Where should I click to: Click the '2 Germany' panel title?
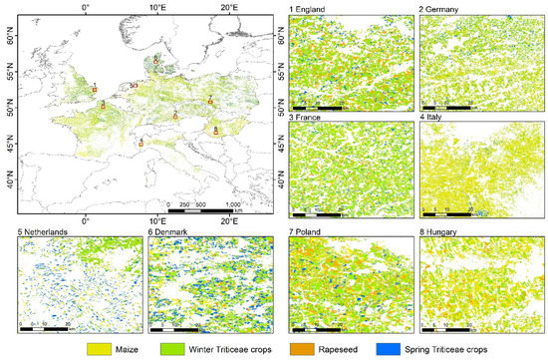click(441, 9)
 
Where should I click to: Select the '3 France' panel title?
click(307, 119)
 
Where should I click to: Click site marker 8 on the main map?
click(216, 132)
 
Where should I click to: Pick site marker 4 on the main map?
click(141, 143)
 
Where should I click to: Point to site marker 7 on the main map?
click(210, 101)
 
